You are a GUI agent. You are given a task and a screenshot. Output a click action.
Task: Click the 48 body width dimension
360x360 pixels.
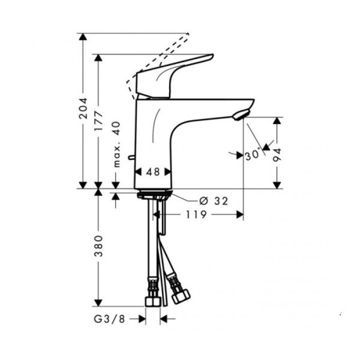coord(153,172)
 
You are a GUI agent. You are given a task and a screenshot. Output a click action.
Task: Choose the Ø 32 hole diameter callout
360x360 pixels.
coord(213,201)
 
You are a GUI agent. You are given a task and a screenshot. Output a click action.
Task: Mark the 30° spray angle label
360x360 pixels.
coord(252,154)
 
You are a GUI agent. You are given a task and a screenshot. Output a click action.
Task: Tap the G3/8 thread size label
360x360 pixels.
coord(109,319)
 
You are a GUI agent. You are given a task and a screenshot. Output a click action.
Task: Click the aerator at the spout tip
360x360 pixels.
coord(240,114)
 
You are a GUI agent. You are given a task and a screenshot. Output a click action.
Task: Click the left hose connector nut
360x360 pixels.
coord(152,299)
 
